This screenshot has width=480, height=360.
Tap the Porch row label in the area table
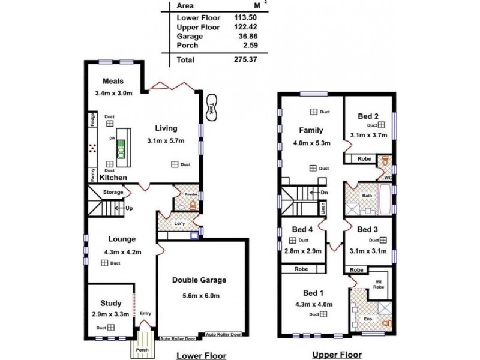coord(187,46)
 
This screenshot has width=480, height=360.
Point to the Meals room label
coord(113,82)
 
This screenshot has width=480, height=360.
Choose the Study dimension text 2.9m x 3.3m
coord(110,314)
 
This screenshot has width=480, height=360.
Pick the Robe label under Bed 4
coord(301,270)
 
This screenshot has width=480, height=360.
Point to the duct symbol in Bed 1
coord(314,315)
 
